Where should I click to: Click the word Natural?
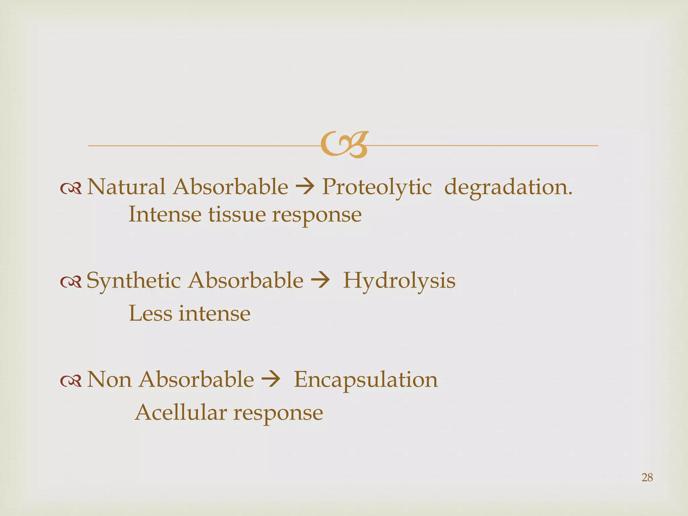[x=126, y=187]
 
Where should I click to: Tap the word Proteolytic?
[x=377, y=187]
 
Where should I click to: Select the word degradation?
[x=508, y=187]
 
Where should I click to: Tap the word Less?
[x=150, y=313]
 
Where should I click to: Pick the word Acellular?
[x=181, y=413]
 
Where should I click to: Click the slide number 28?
[x=647, y=477]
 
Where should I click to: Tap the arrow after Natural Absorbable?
[x=304, y=187]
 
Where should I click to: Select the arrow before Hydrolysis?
[x=320, y=281]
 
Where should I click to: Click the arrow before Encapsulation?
[x=270, y=380]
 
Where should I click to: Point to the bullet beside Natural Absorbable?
[x=71, y=189]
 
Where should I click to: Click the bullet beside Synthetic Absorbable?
[x=71, y=282]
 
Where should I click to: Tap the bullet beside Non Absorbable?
[x=71, y=381]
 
